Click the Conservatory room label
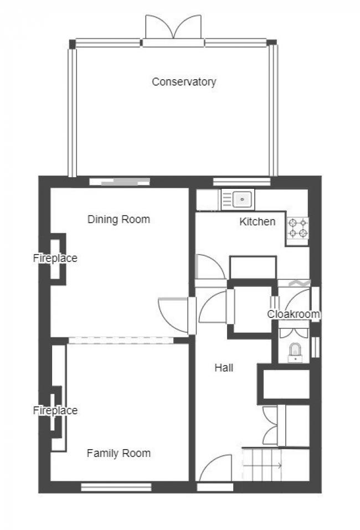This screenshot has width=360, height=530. tap(184, 82)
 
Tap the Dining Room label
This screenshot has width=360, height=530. tap(119, 219)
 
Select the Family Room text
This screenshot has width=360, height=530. tap(119, 454)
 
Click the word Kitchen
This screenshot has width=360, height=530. tap(257, 222)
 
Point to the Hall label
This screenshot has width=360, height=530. tap(224, 368)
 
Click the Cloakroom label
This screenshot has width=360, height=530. tap(294, 315)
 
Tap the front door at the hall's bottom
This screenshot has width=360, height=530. tap(215, 471)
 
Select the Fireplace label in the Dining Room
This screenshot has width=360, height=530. tap(55, 258)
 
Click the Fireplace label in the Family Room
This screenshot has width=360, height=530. tap(55, 411)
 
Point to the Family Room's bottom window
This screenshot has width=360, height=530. tap(116, 487)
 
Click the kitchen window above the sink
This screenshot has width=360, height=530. tap(241, 181)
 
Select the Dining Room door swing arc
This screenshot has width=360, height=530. tap(173, 316)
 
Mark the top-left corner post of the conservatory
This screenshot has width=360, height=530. tap(72, 44)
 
